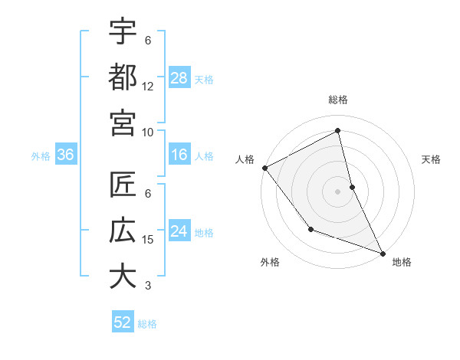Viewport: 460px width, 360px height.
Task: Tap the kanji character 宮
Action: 123,121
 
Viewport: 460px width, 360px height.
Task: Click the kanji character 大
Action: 123,276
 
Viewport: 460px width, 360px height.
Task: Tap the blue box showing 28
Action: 179,77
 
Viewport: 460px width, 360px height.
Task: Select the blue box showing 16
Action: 179,155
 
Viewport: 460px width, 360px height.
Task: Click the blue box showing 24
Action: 179,232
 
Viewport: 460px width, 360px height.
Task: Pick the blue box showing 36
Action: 66,155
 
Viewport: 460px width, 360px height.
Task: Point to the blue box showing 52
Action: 123,322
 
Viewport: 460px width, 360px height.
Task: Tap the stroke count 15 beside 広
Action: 148,240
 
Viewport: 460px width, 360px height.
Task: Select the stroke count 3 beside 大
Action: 148,286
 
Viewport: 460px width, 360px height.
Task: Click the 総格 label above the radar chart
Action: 338,100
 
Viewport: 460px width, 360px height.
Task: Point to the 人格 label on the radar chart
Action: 245,159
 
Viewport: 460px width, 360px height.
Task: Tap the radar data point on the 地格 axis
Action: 383,253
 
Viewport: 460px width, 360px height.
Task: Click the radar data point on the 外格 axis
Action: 310,228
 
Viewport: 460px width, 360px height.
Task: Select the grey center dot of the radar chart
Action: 338,191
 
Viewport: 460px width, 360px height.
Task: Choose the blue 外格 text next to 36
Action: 41,156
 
